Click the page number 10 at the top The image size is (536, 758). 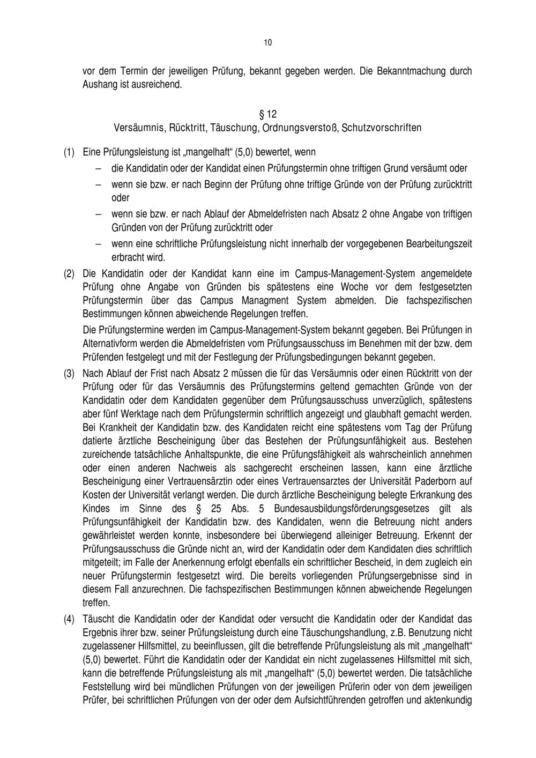click(x=268, y=43)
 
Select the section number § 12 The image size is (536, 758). click(x=268, y=114)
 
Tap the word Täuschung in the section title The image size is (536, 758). click(x=234, y=128)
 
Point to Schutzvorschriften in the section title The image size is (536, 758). click(x=382, y=128)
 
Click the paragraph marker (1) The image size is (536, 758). click(x=69, y=154)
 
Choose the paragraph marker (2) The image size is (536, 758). click(x=69, y=274)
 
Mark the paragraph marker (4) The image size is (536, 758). click(x=69, y=620)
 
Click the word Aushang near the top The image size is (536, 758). click(x=98, y=85)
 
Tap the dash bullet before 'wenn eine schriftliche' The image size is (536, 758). click(x=99, y=244)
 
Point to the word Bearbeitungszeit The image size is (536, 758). click(x=439, y=244)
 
